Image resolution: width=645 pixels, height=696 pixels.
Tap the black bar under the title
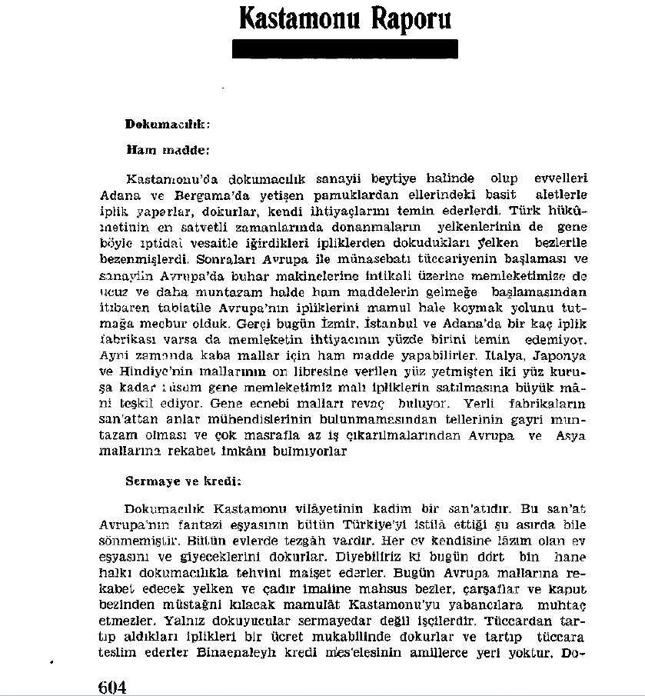click(345, 49)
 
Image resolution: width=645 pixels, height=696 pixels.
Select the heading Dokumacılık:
click(168, 123)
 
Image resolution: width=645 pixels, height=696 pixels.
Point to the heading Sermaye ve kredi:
click(173, 481)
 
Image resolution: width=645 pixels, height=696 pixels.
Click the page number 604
click(112, 685)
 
